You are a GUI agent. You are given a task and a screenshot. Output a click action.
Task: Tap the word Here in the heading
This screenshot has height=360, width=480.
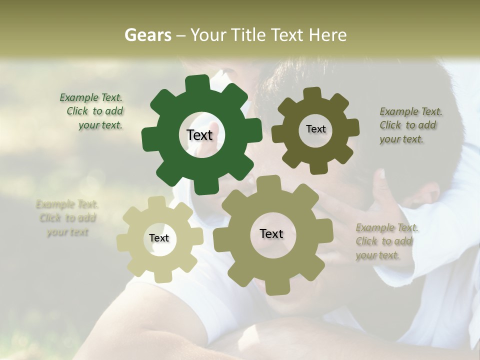[x=327, y=35]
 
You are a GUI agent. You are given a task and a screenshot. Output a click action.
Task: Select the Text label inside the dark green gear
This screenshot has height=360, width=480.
[x=199, y=135]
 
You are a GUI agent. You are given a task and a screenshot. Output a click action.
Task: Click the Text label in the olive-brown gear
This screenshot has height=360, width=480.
[x=315, y=129]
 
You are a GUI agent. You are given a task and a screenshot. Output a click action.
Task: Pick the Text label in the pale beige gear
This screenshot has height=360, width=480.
[x=159, y=238]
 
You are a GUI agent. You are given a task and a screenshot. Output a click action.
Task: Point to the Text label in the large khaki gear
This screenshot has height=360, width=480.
[x=271, y=234]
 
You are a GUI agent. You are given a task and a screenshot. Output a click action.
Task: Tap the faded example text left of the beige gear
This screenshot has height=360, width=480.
[x=67, y=218]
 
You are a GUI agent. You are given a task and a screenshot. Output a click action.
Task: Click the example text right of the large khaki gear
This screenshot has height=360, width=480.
[x=386, y=241]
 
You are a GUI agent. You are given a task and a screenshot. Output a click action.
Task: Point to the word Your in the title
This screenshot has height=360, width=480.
[x=208, y=35]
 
